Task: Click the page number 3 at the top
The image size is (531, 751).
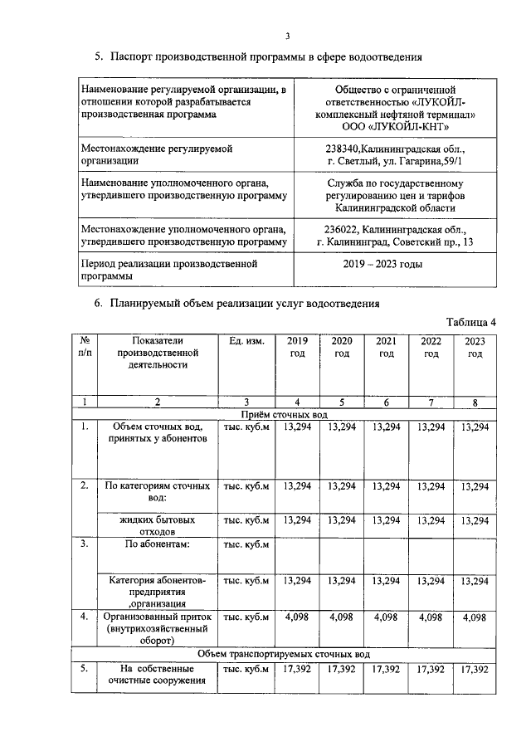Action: pos(288,36)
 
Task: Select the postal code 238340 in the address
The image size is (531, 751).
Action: pos(346,148)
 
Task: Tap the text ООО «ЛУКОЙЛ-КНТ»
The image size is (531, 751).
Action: pos(396,126)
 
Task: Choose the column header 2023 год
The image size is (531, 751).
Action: pos(475,347)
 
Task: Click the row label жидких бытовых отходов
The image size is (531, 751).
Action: pos(158,525)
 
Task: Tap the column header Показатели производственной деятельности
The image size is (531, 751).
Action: pos(158,353)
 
